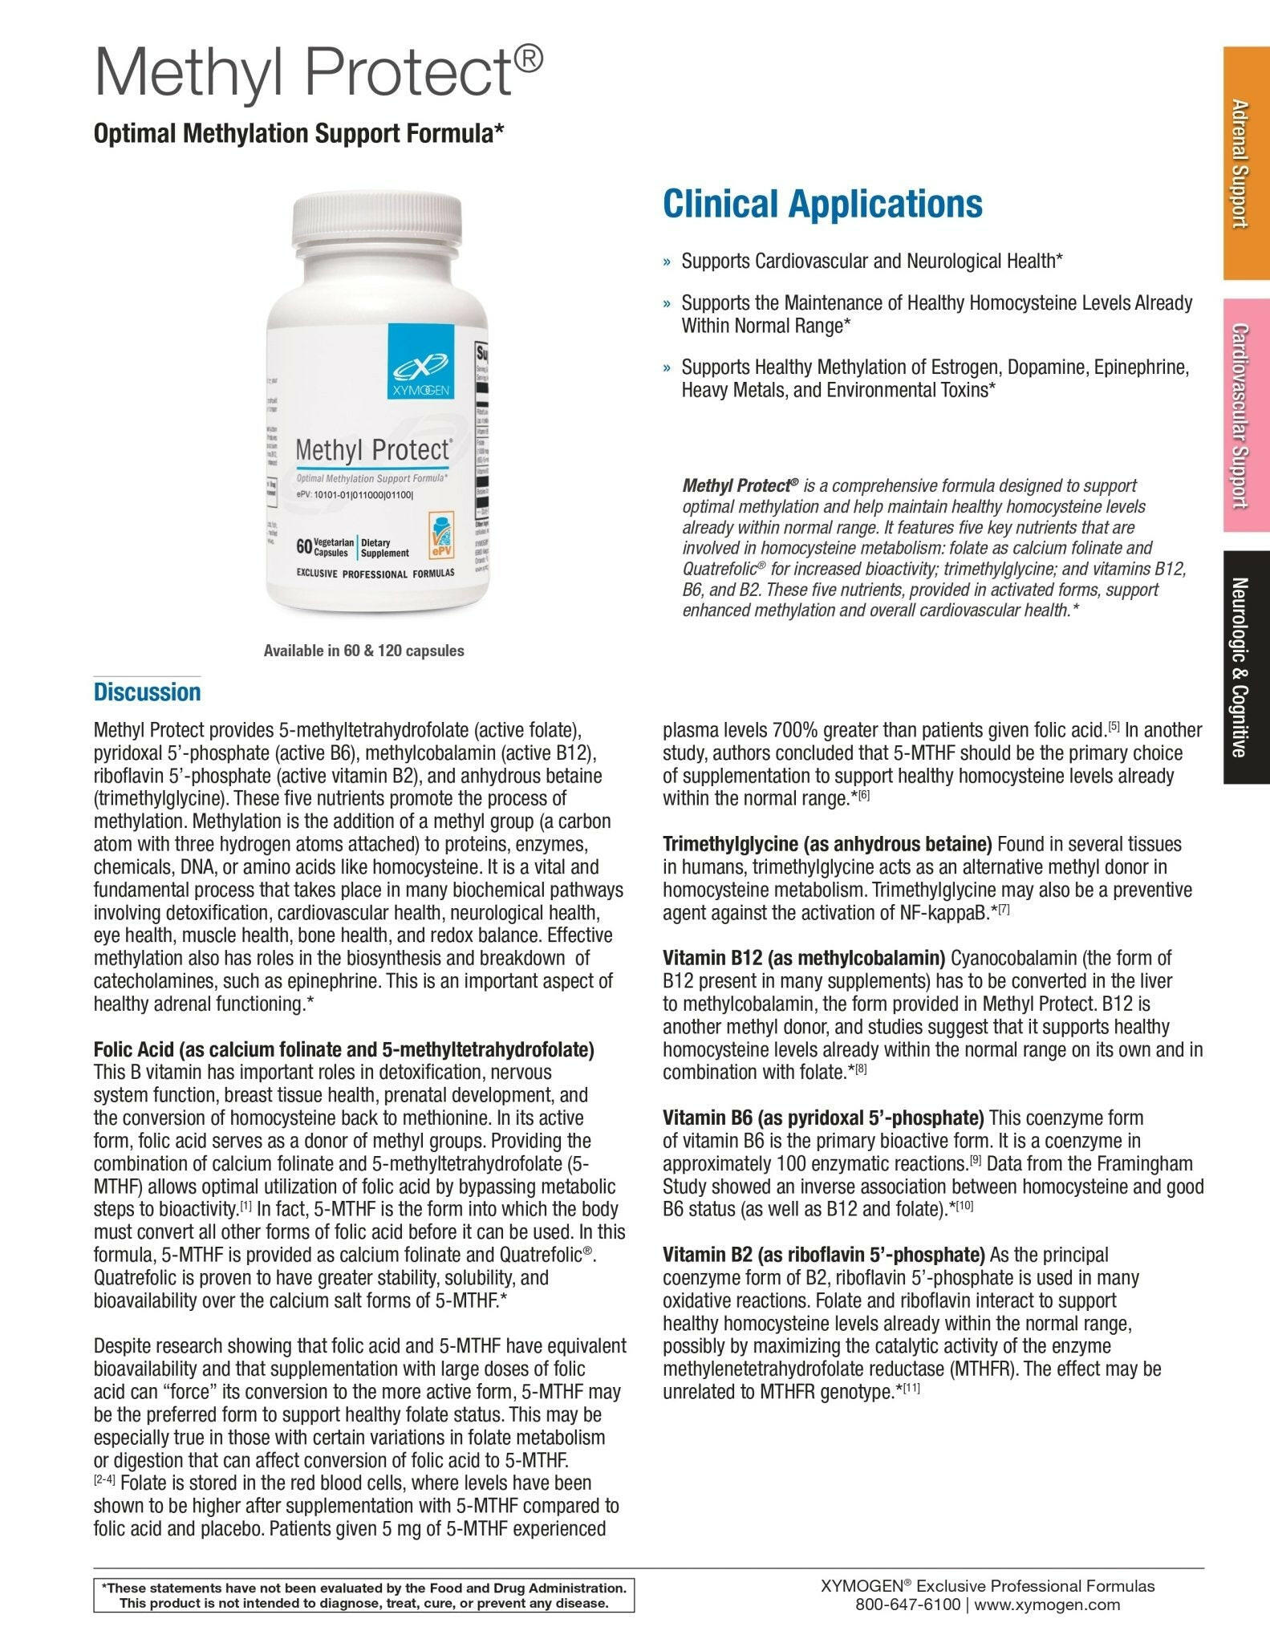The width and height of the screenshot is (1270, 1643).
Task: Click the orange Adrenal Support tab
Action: coord(1246,163)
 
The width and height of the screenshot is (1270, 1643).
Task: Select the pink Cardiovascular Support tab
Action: coord(1246,415)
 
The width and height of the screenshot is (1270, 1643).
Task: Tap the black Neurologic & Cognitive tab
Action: coord(1246,667)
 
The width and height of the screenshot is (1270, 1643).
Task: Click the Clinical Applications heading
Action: coord(822,204)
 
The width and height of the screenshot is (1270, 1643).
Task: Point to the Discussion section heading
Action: coord(147,692)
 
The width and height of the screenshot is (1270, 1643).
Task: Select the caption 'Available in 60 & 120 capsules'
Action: coord(363,651)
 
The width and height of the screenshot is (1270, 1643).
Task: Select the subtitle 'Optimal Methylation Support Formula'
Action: coord(298,133)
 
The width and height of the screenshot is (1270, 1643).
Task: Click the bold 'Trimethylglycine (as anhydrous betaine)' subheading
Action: coord(827,844)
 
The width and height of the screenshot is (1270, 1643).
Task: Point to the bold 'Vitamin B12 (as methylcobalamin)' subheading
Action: coord(804,958)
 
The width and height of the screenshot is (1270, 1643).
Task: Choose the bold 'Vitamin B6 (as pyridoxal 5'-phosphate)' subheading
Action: coord(822,1118)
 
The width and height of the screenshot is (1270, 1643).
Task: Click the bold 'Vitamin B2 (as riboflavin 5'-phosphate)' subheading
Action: coord(823,1254)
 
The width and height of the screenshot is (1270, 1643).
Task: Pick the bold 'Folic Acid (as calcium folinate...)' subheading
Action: coord(343,1049)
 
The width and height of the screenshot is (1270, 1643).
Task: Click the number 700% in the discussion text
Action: coord(797,730)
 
